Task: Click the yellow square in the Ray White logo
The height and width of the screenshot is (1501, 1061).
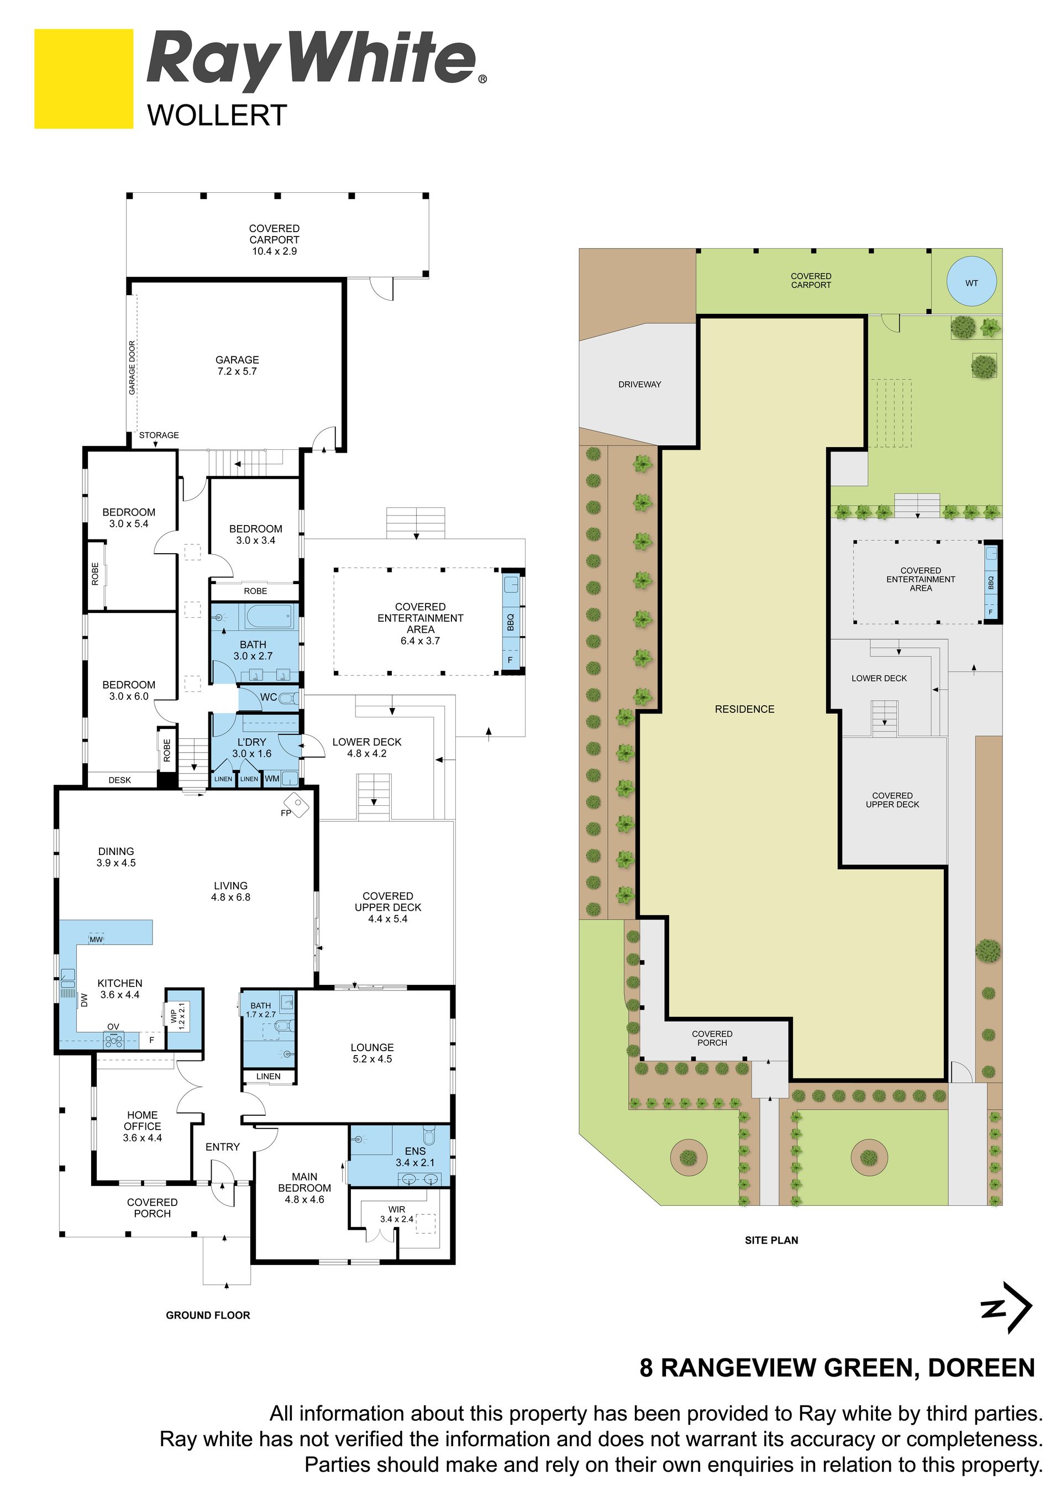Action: click(x=83, y=78)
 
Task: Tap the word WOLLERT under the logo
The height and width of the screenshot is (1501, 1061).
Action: click(x=217, y=116)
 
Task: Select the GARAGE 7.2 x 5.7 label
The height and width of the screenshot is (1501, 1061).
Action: click(x=237, y=365)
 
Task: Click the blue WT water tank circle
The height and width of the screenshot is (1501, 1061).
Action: click(x=971, y=282)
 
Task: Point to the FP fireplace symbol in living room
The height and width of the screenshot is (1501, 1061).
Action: click(x=296, y=804)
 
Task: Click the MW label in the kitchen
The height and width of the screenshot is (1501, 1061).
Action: click(x=96, y=940)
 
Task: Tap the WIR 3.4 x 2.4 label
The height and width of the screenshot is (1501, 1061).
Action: click(x=397, y=1214)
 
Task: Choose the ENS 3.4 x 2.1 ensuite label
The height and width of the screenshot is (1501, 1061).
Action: click(x=415, y=1157)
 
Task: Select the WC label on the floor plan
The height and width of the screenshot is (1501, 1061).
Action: click(x=269, y=697)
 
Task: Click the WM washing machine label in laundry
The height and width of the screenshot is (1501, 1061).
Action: click(x=272, y=779)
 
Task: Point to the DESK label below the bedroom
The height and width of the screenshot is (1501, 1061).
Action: click(x=119, y=780)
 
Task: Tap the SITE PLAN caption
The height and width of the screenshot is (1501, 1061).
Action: click(x=771, y=1240)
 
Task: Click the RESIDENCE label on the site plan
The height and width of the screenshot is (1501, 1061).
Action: click(x=744, y=709)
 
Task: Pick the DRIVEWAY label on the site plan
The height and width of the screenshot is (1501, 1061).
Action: click(x=639, y=385)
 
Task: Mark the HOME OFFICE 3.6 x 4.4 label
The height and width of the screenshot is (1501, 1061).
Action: click(x=143, y=1126)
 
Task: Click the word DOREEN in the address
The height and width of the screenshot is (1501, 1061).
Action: click(x=981, y=1368)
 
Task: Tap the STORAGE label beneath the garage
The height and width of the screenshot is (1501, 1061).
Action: click(x=159, y=435)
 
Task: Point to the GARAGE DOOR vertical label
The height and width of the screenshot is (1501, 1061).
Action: click(x=132, y=368)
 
